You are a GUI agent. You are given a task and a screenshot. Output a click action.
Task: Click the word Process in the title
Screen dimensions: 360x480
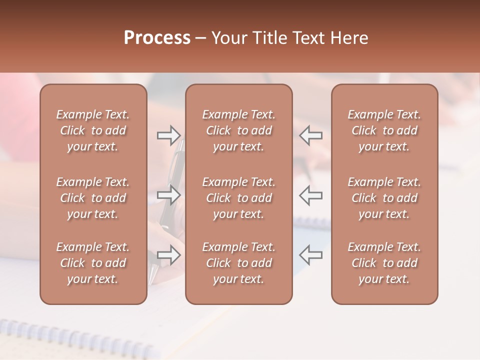tap(157, 38)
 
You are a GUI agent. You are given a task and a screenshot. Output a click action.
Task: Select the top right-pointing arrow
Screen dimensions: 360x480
tap(168, 135)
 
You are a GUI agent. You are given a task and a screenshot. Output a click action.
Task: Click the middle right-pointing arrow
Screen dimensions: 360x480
tap(168, 195)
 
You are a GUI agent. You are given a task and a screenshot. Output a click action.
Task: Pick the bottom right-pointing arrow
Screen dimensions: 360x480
tap(168, 255)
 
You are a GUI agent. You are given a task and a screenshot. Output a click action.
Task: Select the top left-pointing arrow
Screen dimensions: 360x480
tap(310, 135)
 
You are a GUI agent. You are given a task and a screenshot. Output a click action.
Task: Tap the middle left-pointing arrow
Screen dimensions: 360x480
tap(310, 195)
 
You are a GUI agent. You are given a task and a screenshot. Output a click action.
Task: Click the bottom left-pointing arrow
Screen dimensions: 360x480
tap(310, 255)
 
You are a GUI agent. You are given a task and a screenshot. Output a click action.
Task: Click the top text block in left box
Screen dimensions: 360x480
tap(93, 130)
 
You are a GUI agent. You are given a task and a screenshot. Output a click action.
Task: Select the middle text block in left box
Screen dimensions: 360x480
tap(93, 198)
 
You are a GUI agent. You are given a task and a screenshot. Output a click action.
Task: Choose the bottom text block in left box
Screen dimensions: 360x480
tap(93, 263)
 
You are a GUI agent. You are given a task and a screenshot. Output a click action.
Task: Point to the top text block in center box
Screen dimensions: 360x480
tap(238, 130)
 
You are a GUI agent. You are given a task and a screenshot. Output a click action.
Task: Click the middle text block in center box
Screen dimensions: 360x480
tap(238, 198)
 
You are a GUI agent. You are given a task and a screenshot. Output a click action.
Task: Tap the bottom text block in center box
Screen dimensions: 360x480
tap(238, 263)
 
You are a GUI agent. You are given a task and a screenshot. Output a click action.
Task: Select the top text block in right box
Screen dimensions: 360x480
tap(384, 130)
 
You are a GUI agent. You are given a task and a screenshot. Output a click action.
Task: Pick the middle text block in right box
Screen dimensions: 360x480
tap(384, 198)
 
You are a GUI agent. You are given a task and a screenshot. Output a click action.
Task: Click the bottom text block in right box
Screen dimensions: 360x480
tap(384, 263)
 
